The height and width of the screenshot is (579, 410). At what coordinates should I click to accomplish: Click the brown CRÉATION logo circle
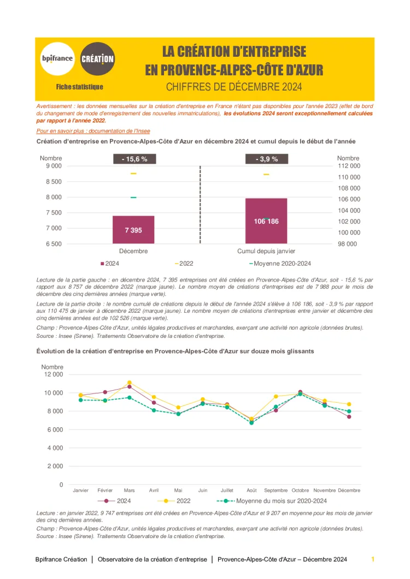97,58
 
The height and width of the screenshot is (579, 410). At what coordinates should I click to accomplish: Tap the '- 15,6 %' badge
134,159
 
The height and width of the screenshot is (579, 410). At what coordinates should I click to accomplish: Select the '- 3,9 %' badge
267,159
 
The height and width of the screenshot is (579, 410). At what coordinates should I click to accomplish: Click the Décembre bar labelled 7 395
133,230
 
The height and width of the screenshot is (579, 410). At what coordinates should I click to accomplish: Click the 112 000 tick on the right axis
349,165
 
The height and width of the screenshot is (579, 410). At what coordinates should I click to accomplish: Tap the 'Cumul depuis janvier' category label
266,251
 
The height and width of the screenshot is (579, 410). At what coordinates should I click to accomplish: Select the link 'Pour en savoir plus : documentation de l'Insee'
93,131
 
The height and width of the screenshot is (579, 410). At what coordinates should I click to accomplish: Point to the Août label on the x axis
251,490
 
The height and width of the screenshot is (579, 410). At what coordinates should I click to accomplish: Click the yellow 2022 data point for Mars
130,383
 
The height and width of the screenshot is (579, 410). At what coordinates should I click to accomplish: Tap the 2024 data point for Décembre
349,417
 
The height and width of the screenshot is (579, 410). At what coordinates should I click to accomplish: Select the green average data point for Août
251,423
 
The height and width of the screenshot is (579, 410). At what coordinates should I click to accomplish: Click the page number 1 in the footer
373,559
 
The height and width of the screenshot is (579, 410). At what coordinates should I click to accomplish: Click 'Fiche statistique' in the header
79,87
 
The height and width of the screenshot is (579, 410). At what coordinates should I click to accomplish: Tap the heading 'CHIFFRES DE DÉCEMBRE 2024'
234,87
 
